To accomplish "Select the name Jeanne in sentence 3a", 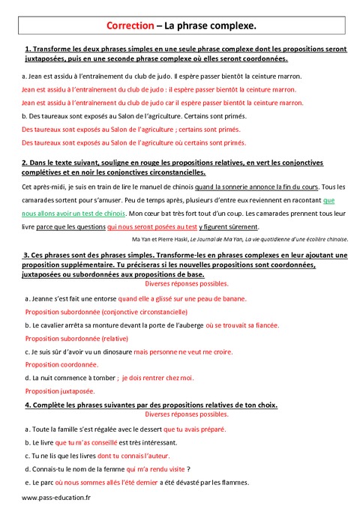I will point(43,298).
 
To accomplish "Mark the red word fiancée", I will point(262,325).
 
